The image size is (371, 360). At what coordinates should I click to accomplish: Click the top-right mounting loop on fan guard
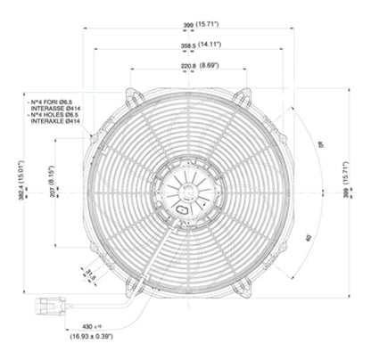pyautogui.click(x=241, y=95)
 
